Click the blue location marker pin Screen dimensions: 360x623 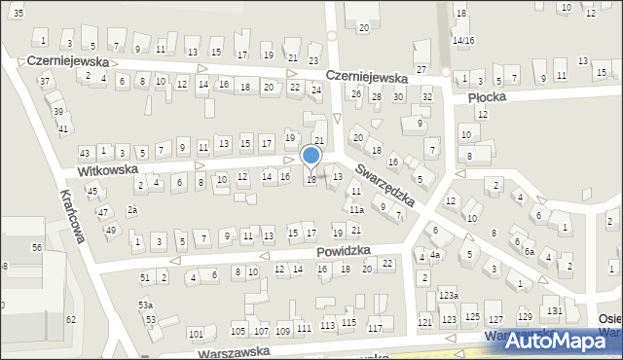tap(311, 157)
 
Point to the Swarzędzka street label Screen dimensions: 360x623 tap(385, 185)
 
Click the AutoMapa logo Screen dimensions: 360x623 tap(555, 340)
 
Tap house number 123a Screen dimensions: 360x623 tap(448, 295)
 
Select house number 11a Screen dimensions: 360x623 tap(357, 209)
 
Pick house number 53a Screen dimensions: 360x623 tap(145, 305)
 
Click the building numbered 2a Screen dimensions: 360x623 tap(132, 210)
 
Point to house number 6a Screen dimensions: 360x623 tap(530, 251)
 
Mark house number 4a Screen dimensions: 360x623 tap(435, 256)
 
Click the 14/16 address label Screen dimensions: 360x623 tap(462, 40)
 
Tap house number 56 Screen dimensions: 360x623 tap(36, 248)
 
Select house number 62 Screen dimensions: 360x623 tap(70, 319)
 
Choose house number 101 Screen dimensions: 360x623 tap(196, 334)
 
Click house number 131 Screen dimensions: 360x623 tap(554, 310)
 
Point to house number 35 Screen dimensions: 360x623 tap(18, 10)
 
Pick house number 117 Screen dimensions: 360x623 tap(375, 328)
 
